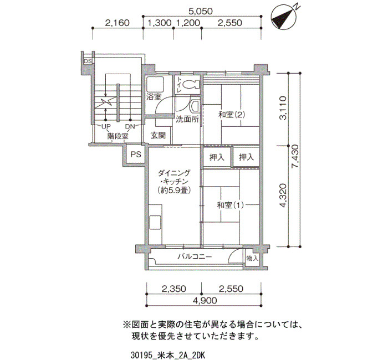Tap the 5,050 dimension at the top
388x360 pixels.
(201, 12)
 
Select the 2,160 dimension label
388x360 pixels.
(118, 23)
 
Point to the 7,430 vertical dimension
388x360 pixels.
(295, 160)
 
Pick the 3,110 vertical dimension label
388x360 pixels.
(283, 108)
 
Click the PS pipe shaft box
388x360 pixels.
(136, 155)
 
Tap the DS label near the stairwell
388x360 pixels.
(88, 61)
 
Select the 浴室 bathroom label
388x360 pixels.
(154, 97)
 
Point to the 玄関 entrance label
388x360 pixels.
(158, 135)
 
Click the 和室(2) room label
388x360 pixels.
(231, 115)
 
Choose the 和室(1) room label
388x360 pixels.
(231, 205)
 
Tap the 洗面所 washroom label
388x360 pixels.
(187, 120)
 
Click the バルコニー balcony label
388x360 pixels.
(195, 256)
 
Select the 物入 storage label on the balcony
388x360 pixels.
(252, 259)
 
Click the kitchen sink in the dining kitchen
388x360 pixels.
(155, 223)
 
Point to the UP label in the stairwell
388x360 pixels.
(106, 127)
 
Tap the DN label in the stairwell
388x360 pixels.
(130, 127)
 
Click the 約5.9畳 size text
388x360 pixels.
(174, 191)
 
